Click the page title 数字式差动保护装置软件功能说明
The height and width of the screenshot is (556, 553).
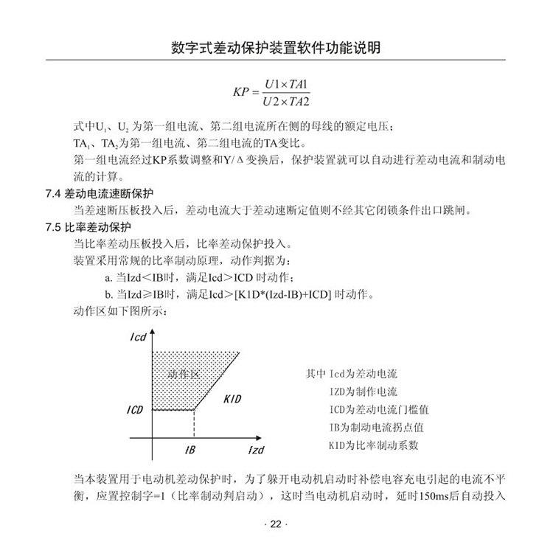pos(276,49)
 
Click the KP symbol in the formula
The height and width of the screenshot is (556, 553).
pos(241,92)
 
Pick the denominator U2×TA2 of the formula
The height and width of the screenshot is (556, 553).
pos(288,101)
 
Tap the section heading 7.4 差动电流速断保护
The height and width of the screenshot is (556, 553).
pos(99,194)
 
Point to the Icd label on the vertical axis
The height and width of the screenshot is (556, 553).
pos(137,336)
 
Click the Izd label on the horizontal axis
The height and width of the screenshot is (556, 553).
pos(255,450)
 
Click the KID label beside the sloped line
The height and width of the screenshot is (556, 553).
pos(232,398)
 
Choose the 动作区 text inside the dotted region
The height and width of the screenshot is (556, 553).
pos(184,374)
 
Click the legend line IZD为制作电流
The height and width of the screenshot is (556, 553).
pos(363,392)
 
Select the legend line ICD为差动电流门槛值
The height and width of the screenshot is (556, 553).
pos(379,409)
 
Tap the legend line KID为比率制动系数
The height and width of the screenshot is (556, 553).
pos(374,445)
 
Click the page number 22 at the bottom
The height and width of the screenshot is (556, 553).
pos(276,524)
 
